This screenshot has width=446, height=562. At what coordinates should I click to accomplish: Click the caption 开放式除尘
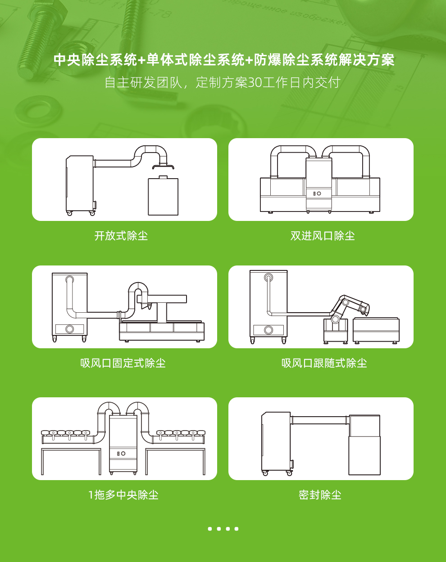(121, 236)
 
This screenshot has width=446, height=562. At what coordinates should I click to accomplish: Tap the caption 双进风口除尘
(323, 236)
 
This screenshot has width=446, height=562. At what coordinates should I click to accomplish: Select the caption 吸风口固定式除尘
(123, 363)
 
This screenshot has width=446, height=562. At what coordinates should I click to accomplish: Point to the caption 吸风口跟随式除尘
(324, 363)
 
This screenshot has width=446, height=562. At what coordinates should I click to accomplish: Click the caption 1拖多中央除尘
(123, 495)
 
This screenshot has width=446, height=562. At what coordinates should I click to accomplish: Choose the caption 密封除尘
(320, 495)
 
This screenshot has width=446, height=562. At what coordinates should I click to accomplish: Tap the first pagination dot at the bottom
(210, 529)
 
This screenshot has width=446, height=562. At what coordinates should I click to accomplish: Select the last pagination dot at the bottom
(237, 529)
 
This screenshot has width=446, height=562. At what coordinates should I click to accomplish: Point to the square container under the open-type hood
(163, 197)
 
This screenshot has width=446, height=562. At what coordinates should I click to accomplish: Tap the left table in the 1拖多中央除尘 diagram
(71, 459)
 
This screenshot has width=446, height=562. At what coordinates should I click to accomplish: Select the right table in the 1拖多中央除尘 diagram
(175, 459)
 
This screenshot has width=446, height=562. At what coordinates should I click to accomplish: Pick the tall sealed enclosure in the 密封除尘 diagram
(364, 445)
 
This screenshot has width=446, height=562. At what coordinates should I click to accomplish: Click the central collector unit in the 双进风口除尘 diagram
(319, 184)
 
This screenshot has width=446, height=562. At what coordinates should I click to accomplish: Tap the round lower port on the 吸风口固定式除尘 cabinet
(70, 329)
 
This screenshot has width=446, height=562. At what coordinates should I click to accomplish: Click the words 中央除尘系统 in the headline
(95, 60)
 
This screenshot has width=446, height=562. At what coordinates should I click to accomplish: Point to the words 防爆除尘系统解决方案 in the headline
(324, 60)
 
